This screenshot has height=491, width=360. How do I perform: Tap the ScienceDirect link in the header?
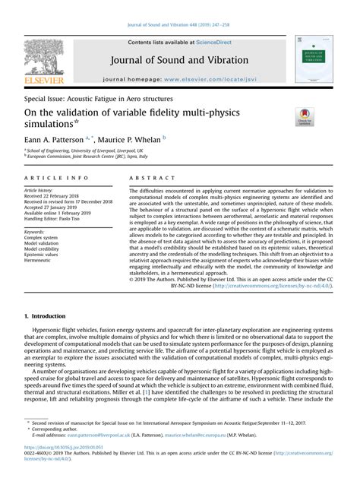215,43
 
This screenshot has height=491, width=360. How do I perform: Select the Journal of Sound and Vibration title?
180,60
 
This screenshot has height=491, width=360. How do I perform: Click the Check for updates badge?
306,117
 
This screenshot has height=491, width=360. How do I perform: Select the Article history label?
43,190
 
